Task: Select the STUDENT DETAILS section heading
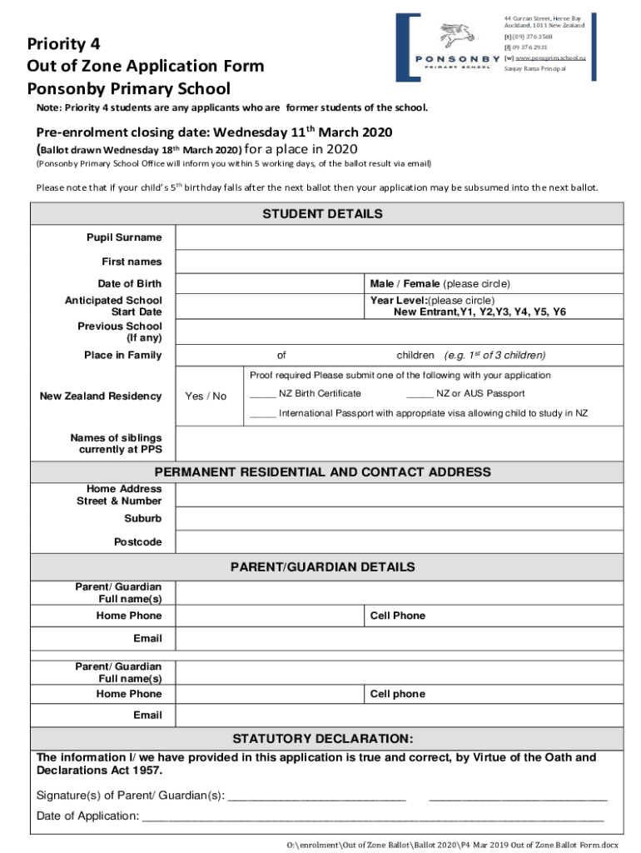click(x=322, y=214)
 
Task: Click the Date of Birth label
click(x=129, y=284)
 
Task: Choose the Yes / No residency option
click(x=206, y=397)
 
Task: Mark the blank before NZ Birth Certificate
click(x=262, y=394)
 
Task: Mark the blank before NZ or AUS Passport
click(x=420, y=394)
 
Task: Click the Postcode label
click(x=137, y=542)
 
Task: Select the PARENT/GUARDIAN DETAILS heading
click(x=322, y=567)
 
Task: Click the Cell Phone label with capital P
click(x=397, y=616)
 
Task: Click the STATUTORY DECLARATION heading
click(x=322, y=739)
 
